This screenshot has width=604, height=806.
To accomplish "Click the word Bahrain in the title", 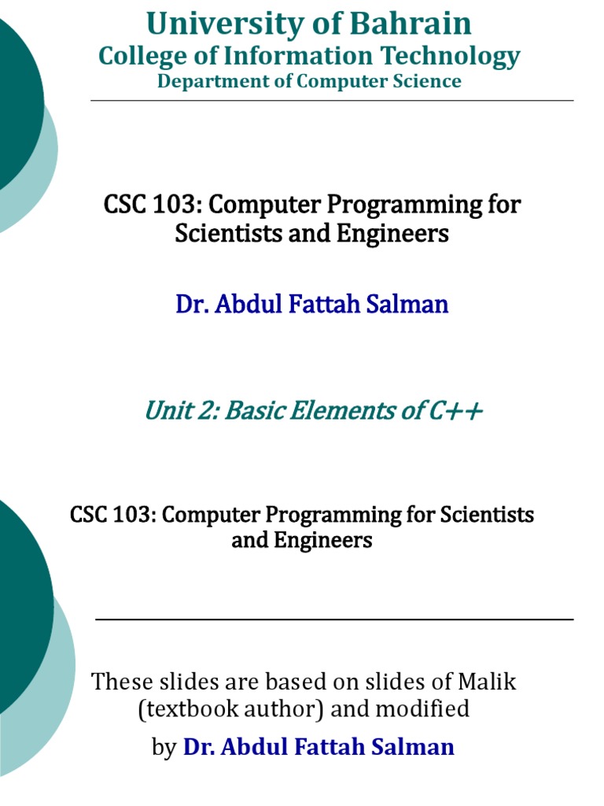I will (x=411, y=24).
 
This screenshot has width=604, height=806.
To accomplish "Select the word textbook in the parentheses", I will (x=182, y=709).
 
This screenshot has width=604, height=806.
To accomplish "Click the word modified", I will (x=422, y=709).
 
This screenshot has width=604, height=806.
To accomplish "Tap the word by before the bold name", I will (x=164, y=747).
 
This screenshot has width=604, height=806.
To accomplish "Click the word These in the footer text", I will (x=121, y=682).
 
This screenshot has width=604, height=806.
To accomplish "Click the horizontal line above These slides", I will (x=334, y=619).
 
